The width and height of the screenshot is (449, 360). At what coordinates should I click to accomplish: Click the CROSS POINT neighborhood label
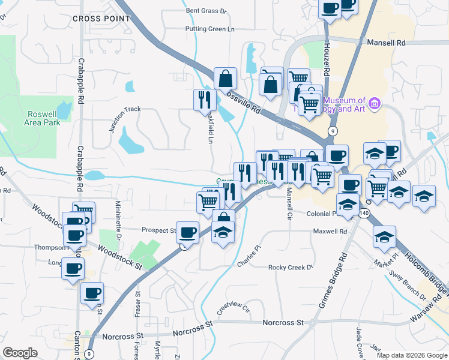pyautogui.click(x=101, y=19)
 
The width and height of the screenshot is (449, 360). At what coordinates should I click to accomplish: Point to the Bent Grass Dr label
pyautogui.click(x=206, y=11)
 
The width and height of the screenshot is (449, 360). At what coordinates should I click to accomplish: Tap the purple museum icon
pyautogui.click(x=375, y=104)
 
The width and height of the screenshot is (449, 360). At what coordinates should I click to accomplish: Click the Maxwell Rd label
pyautogui.click(x=330, y=231)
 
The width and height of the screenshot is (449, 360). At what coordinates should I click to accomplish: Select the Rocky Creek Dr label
pyautogui.click(x=291, y=268)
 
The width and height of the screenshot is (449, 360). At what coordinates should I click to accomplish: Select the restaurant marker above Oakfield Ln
pyautogui.click(x=205, y=99)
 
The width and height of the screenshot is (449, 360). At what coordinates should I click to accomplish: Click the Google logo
pyautogui.click(x=20, y=353)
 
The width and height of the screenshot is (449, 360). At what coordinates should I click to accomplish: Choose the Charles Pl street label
pyautogui.click(x=250, y=256)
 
